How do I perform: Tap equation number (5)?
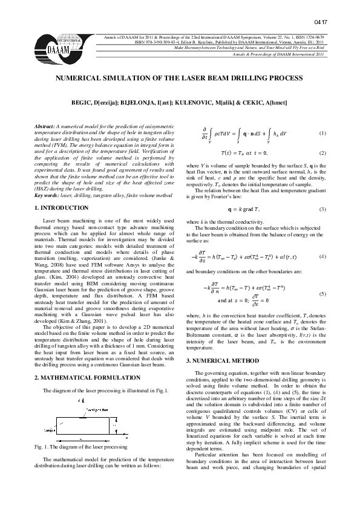(322, 293)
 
